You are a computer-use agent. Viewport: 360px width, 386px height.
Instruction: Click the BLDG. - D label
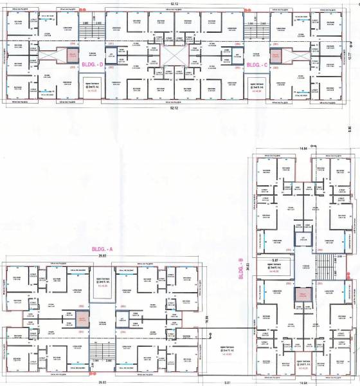[x=92, y=65]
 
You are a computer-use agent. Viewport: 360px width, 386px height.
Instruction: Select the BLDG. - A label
[x=102, y=248]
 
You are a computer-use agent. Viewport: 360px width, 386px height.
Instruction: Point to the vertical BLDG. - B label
[x=240, y=269]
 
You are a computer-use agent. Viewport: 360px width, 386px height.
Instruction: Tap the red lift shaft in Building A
[x=82, y=319]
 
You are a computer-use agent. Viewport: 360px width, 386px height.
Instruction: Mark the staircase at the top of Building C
[x=256, y=27]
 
